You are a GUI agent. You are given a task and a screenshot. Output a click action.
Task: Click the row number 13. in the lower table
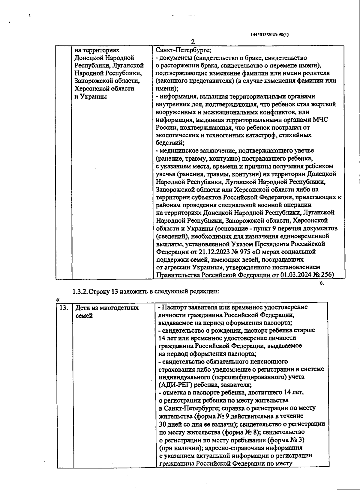pyautogui.click(x=64, y=308)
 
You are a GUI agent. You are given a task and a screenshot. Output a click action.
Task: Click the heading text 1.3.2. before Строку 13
pyautogui.click(x=80, y=292)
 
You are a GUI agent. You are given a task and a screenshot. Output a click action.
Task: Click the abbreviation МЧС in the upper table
pyautogui.click(x=320, y=120)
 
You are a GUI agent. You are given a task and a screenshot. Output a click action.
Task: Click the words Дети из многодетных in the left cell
pyautogui.click(x=107, y=308)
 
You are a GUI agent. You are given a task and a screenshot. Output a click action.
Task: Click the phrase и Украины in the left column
pyautogui.click(x=91, y=97)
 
